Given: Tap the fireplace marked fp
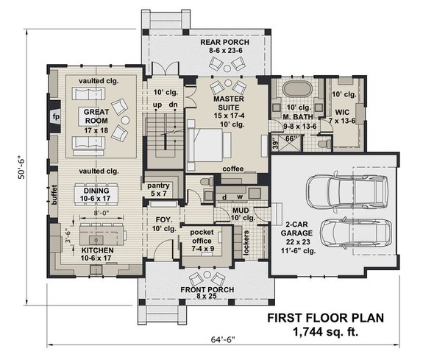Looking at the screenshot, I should pos(55,116).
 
